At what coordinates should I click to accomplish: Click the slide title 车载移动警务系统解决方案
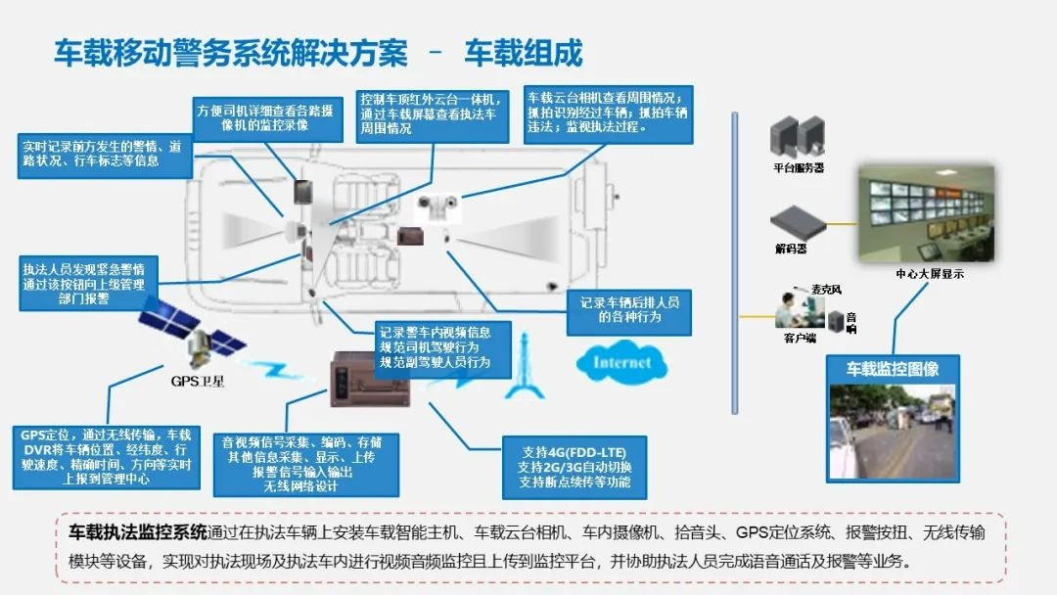tap(230, 52)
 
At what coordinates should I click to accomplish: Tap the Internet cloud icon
tap(621, 362)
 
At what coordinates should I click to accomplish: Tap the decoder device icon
tap(792, 223)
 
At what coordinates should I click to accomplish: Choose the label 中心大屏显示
tap(929, 274)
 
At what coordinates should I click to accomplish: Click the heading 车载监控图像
tap(893, 369)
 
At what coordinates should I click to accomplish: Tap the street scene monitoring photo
tap(892, 431)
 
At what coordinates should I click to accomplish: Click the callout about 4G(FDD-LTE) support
tap(574, 467)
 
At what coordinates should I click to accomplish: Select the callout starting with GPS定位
tap(106, 457)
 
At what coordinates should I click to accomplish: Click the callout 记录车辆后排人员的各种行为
tap(628, 309)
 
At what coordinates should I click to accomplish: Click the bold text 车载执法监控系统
tap(138, 533)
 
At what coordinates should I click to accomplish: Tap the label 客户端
tap(800, 339)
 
